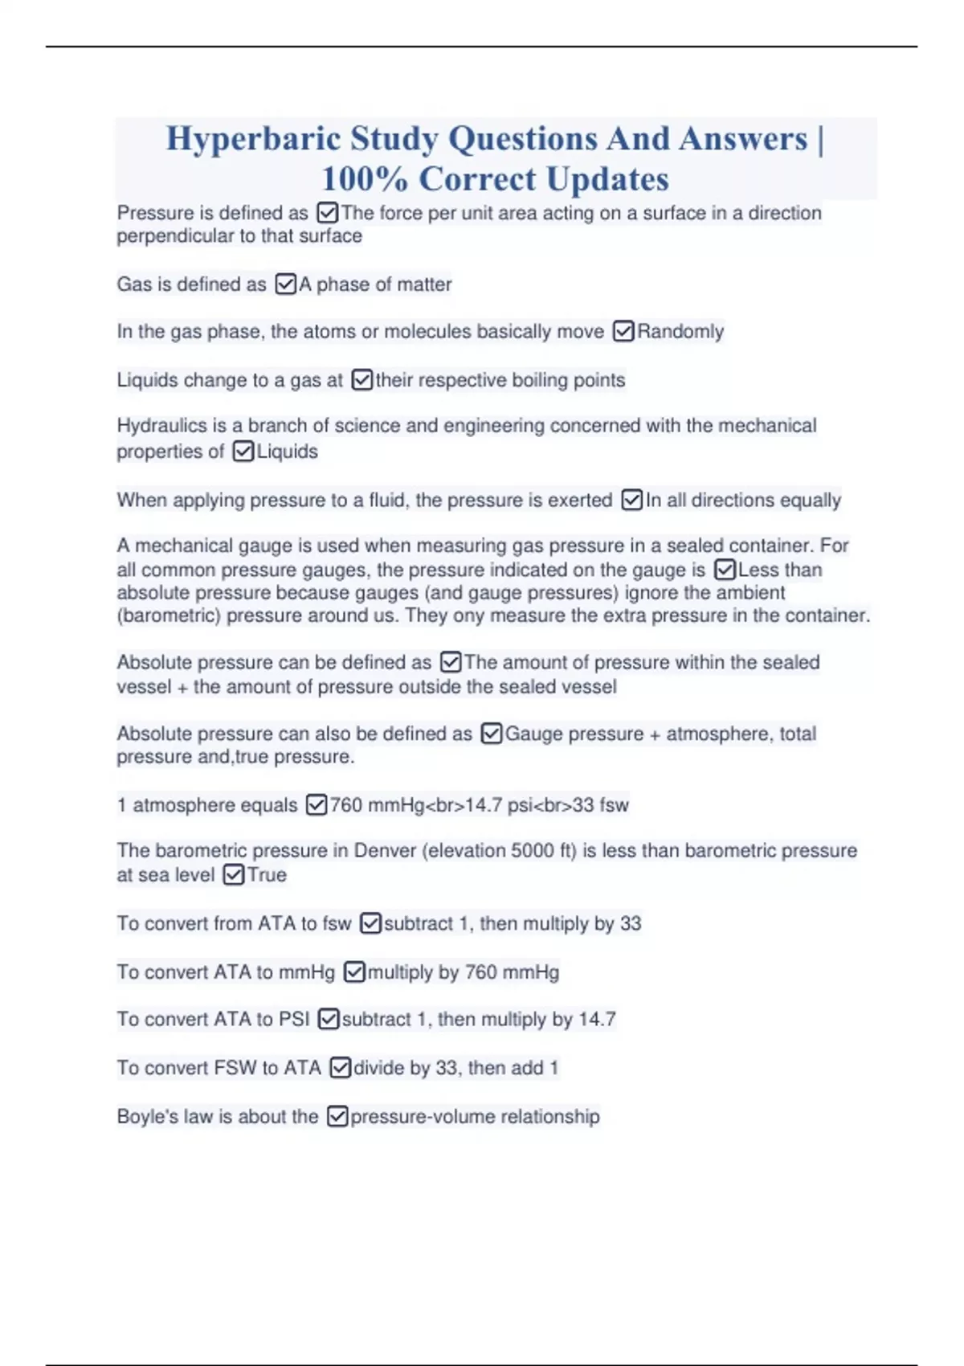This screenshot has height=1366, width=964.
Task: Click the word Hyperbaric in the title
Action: pos(253,140)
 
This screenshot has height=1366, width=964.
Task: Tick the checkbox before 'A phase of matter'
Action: pos(285,284)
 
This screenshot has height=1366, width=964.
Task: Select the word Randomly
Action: pos(680,332)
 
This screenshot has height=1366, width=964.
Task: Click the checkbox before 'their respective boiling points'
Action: pos(362,380)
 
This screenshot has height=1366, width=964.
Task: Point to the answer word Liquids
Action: pos(288,452)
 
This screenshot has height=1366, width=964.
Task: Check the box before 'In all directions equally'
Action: pos(632,501)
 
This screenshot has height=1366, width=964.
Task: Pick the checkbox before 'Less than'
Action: pos(725,571)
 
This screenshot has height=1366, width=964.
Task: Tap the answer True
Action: pos(267,875)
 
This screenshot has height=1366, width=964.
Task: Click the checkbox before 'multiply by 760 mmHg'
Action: pos(354,972)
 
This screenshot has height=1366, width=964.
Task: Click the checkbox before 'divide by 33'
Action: pos(341,1068)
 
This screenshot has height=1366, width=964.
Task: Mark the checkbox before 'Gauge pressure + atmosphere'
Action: pos(491,734)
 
